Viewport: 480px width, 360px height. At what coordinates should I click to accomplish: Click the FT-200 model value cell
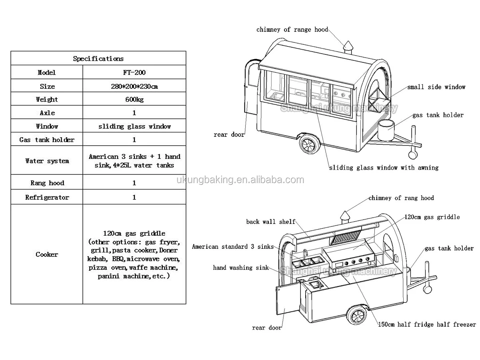[x=134, y=72]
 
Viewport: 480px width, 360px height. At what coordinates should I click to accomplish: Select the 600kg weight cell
[x=134, y=99]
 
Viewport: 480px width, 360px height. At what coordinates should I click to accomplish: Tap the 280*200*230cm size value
[x=134, y=86]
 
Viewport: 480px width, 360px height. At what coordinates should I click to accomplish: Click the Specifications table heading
[x=98, y=58]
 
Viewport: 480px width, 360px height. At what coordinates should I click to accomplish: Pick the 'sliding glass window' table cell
[x=134, y=126]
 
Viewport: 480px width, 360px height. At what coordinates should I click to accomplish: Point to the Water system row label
[x=47, y=161]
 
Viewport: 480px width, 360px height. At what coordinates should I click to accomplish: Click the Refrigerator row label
[x=47, y=197]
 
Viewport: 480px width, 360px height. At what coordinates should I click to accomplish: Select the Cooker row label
[x=47, y=254]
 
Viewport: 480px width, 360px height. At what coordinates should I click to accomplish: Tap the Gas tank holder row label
[x=47, y=140]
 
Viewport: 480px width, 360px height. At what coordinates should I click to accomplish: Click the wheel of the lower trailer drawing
[x=356, y=316]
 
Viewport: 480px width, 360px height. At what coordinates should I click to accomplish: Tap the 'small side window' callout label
[x=436, y=87]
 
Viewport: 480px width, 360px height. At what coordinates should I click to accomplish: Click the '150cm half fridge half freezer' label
[x=427, y=324]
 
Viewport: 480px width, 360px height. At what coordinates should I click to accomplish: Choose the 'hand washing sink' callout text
[x=241, y=268]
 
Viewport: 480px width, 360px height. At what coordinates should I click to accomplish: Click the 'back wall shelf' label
[x=270, y=222]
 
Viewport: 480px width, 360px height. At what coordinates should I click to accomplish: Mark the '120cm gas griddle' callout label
[x=432, y=217]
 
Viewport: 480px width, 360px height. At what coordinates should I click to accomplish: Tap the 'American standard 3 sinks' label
[x=232, y=246]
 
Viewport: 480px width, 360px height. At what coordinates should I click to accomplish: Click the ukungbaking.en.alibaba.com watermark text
[x=240, y=180]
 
